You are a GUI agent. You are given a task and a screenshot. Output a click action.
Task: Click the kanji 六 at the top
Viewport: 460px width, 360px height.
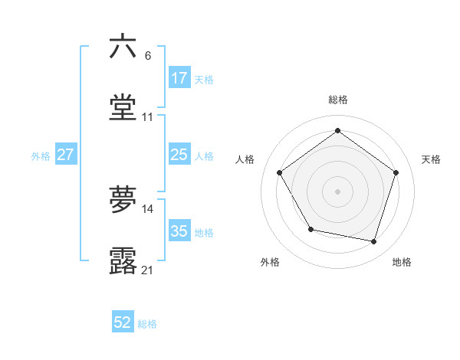pos(123,47)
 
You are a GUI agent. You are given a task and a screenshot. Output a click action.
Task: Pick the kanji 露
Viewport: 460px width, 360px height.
pos(123,261)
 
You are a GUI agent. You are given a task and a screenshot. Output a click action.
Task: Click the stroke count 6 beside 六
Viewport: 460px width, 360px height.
pos(147,56)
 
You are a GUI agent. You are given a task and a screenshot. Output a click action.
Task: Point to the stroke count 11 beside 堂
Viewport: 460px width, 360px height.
pos(147,117)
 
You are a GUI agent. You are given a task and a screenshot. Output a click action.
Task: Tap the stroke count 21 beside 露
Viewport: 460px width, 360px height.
pos(147,270)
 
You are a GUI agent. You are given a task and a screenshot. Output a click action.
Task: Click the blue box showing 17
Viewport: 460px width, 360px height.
pos(179,78)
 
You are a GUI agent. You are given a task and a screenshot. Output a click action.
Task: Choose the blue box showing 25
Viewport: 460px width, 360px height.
pos(179,155)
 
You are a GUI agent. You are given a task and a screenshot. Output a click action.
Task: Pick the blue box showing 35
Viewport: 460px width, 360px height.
pos(179,231)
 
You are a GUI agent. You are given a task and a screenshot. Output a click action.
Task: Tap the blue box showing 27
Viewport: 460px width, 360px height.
pos(65,155)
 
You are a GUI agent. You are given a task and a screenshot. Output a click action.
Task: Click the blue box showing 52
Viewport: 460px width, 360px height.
pos(123,323)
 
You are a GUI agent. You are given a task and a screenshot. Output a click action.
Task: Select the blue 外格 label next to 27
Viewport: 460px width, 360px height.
pos(41,155)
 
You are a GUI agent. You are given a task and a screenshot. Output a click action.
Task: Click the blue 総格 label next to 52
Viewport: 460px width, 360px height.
pos(147,324)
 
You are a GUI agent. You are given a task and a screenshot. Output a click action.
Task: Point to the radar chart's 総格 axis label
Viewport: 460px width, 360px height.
pos(337,100)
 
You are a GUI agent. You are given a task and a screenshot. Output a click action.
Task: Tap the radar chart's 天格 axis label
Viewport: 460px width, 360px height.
pos(431,159)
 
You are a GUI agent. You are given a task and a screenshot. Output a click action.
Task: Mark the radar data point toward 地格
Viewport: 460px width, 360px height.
pos(374,242)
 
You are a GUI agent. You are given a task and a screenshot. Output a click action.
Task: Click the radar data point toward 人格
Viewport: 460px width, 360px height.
pos(280,173)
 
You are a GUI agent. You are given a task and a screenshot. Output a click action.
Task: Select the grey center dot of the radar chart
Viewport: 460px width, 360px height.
pos(337,191)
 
